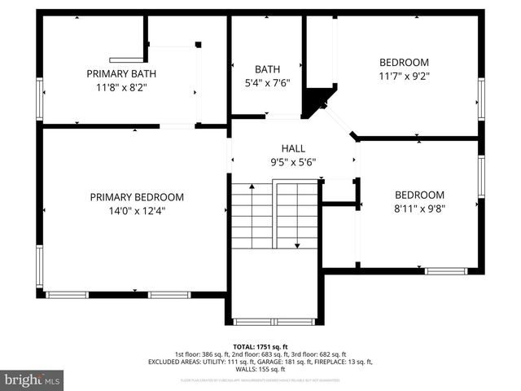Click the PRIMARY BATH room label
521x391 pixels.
point(121,73)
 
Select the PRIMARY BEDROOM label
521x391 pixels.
point(137,197)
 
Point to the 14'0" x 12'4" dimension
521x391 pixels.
point(137,212)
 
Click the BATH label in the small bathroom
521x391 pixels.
point(267,69)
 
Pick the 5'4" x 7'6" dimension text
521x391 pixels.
point(267,82)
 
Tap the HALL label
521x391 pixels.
point(293,148)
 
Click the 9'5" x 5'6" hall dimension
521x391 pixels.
point(293,161)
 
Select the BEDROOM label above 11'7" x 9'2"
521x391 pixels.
point(404,63)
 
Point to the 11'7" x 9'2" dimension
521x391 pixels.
point(404,76)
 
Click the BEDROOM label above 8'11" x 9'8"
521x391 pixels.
point(419,195)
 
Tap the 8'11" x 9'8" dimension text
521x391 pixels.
point(419,208)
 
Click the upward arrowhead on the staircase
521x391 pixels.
point(252,188)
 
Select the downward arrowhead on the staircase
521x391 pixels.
point(297,244)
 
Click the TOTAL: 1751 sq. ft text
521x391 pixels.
point(260,347)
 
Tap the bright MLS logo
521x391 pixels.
point(33,380)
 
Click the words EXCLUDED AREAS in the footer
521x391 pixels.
point(173,362)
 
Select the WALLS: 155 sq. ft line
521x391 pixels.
point(260,369)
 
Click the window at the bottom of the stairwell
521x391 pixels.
point(274,321)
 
